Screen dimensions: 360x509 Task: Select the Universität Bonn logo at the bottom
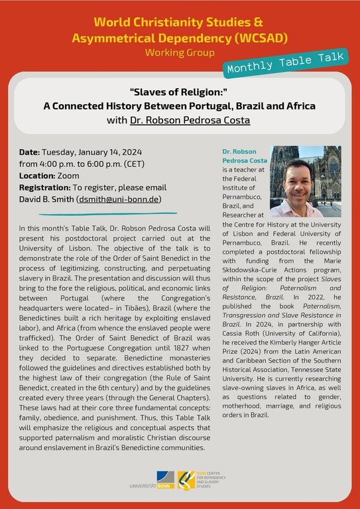point(154,482)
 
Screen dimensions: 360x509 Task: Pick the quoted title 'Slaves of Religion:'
point(180,91)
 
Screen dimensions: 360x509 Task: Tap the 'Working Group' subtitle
point(180,52)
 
